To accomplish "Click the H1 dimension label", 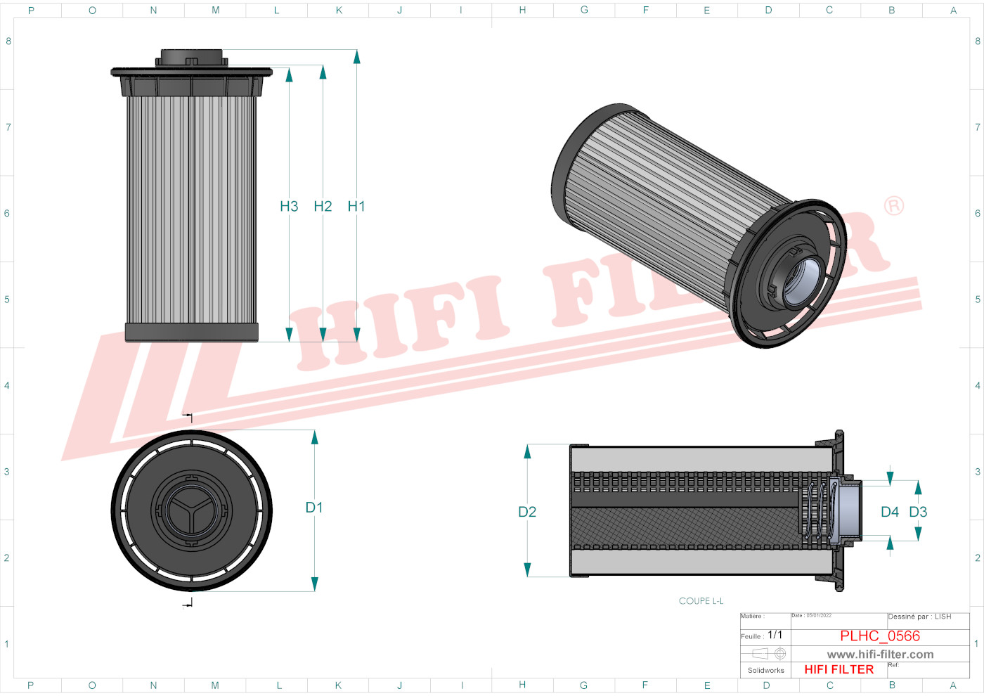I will [356, 206].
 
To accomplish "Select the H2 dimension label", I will [323, 206].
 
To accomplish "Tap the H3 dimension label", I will [289, 206].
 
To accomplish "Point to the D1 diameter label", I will [314, 508].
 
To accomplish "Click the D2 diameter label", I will [527, 512].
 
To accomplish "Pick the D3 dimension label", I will [918, 512].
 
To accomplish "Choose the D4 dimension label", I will [890, 512].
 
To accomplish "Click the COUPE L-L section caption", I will [701, 601].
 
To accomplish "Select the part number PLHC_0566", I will [880, 636].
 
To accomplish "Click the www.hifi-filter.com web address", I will [880, 655].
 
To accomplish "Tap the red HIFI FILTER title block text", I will [839, 669].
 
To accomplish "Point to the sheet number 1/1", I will [775, 635].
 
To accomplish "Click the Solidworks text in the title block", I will [765, 670].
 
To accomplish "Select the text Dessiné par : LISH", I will [919, 617].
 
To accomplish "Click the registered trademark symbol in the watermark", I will [894, 206].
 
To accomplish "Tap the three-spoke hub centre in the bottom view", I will [191, 510].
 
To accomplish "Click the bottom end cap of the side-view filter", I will [191, 333].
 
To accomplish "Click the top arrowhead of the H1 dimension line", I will [357, 57].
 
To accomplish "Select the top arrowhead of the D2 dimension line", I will [527, 451].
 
